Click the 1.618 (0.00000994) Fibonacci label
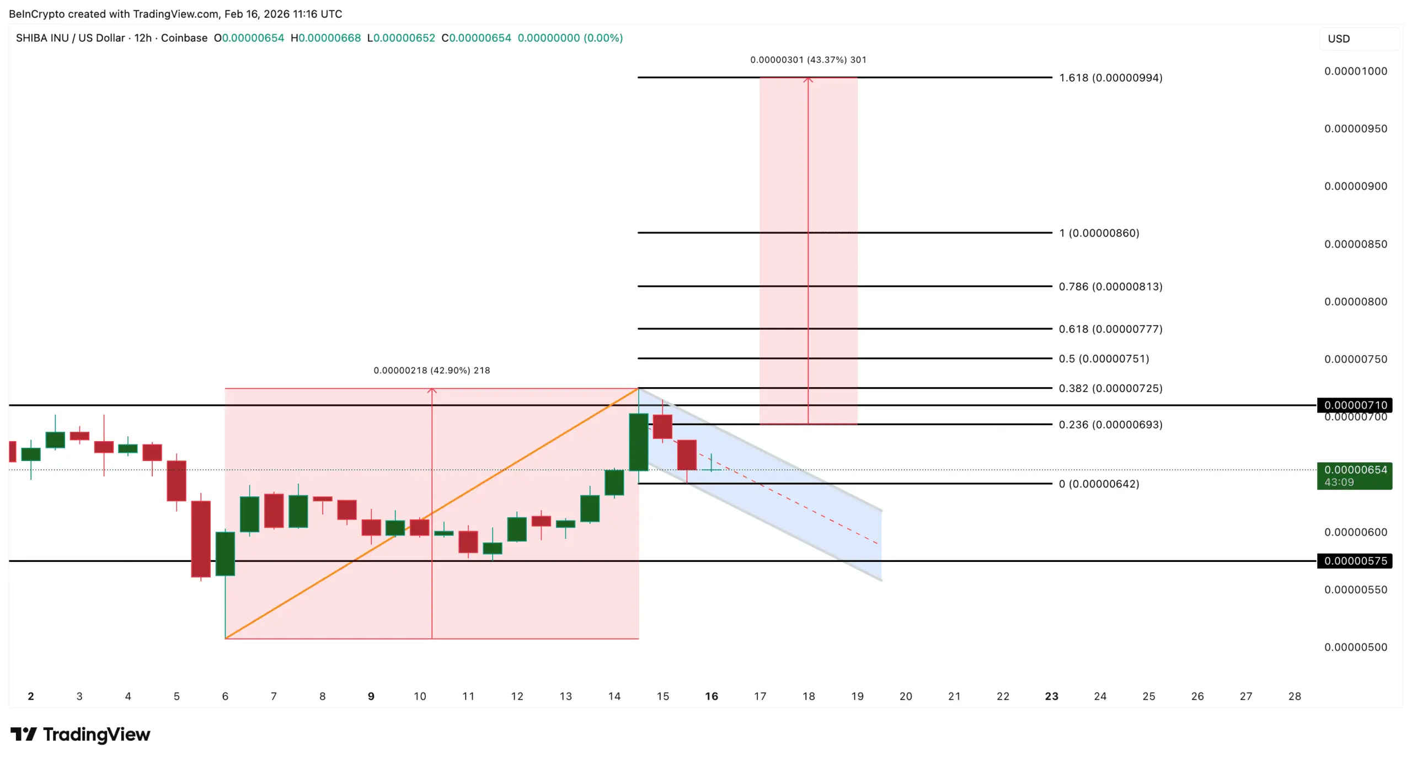(1110, 78)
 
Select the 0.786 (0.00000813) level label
(1110, 287)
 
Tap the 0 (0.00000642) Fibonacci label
(1099, 484)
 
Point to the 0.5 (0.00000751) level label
(1104, 359)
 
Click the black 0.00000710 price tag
(1354, 405)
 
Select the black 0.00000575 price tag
(1354, 561)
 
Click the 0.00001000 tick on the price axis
(1355, 71)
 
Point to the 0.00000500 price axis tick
(1355, 647)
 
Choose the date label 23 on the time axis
(1051, 696)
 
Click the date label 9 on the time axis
(371, 696)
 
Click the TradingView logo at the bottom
(81, 735)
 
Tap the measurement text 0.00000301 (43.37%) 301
(808, 60)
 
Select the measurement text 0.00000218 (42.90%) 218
(431, 371)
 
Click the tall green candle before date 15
(639, 442)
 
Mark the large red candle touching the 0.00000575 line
(201, 539)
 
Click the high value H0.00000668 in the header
(325, 38)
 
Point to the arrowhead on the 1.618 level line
(808, 80)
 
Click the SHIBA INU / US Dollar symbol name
(70, 38)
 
